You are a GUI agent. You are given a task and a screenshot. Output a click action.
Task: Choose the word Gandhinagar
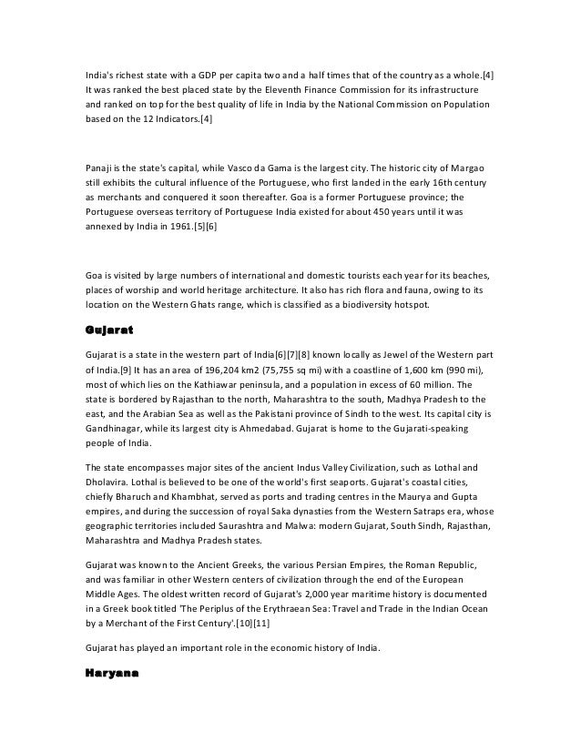[107, 430]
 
